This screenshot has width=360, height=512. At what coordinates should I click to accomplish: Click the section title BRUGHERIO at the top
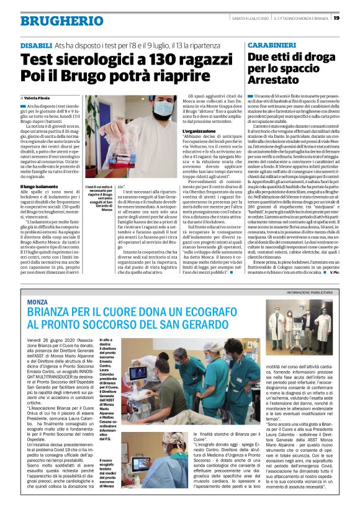pyautogui.click(x=53, y=22)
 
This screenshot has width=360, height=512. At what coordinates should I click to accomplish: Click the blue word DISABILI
pyautogui.click(x=36, y=47)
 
